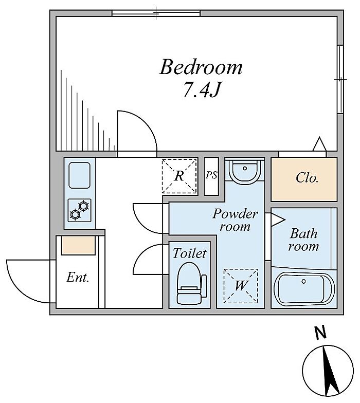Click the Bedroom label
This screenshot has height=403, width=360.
(201, 67)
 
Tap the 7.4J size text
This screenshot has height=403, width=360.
(202, 89)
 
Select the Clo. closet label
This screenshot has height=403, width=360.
(307, 178)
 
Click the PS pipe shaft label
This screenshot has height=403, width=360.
(211, 175)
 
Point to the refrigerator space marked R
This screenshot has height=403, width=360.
(179, 176)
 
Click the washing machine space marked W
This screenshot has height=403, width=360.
(241, 285)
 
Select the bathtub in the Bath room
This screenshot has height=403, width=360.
(304, 289)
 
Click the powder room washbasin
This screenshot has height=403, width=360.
(245, 171)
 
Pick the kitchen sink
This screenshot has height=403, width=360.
(80, 175)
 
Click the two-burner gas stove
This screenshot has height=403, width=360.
(79, 210)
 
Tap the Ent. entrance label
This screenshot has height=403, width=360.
(78, 278)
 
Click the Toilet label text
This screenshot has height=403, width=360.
(189, 253)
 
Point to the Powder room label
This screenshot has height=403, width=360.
(235, 220)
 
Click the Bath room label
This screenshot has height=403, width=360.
(303, 240)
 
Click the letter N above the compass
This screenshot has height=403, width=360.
(320, 333)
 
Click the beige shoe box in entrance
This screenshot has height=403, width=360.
(78, 246)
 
